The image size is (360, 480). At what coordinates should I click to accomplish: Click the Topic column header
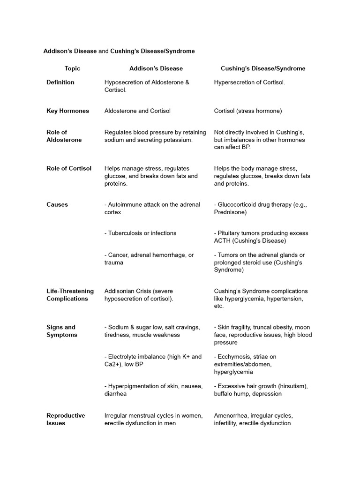point(72,68)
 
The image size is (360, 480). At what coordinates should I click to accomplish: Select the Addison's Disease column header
point(156,68)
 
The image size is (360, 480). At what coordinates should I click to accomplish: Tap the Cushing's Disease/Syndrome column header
point(263,68)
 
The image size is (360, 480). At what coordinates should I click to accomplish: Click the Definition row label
point(60,82)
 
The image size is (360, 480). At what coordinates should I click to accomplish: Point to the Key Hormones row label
point(67,111)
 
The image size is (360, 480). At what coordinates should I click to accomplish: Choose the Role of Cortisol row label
point(69,168)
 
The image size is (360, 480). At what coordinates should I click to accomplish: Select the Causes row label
point(57,204)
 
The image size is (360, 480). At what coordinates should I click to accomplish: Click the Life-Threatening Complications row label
point(70,295)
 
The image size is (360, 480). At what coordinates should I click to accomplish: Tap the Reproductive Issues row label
point(66,419)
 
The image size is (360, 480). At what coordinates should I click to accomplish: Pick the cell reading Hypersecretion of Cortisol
point(249,82)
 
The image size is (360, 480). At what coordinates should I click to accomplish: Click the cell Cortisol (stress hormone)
point(248,111)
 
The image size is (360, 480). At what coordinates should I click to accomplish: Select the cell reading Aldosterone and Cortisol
point(137,111)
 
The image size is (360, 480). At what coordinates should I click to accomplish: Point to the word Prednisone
point(230,212)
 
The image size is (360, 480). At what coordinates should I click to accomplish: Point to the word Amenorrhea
point(231,415)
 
